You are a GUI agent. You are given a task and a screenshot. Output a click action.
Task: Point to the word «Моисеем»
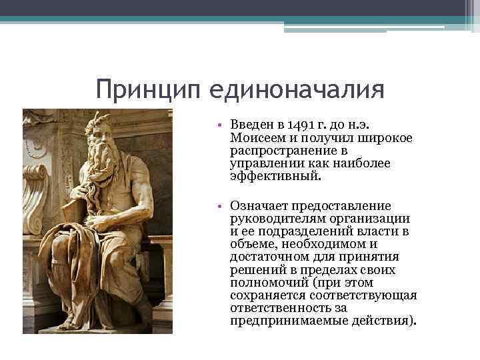point(257,137)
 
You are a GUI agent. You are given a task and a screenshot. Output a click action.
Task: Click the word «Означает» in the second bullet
point(259,206)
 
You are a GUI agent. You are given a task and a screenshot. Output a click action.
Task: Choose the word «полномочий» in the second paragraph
point(262,283)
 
